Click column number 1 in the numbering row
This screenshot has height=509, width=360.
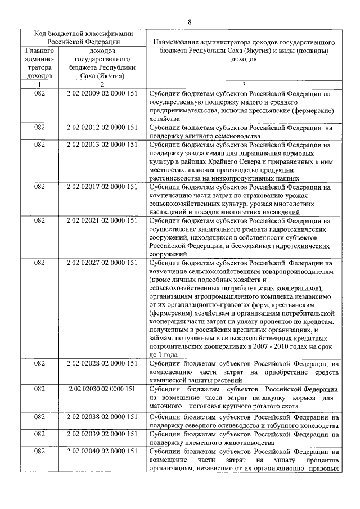[39, 84]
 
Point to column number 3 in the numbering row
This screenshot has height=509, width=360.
[244, 84]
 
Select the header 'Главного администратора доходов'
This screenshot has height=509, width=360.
[39, 62]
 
